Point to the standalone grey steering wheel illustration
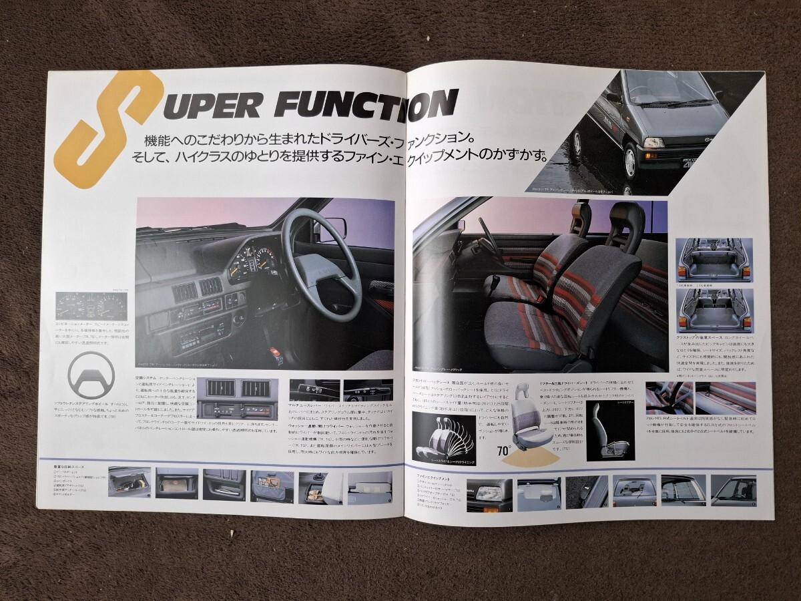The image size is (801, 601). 91,375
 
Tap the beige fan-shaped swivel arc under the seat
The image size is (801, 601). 531,458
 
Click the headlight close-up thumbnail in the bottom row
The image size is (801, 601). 489,493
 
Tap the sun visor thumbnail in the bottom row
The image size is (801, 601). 539,493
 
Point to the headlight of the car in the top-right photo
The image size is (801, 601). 654,142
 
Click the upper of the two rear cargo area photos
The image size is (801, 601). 714,260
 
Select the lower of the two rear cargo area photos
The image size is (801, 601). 714,311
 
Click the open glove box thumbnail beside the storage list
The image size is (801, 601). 129,482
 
